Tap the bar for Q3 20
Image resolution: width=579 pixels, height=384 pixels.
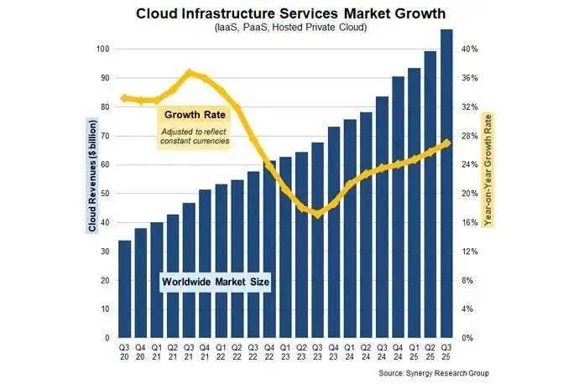(x=124, y=289)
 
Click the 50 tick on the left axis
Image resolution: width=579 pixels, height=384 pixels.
(x=105, y=194)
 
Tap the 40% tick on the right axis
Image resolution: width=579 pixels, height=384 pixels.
(x=470, y=49)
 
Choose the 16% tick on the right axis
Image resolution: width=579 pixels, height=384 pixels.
(x=470, y=223)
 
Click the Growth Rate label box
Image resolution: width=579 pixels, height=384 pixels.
(x=193, y=114)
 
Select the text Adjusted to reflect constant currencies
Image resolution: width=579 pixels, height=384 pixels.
(x=195, y=136)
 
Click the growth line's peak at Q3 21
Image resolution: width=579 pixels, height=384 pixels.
(x=189, y=73)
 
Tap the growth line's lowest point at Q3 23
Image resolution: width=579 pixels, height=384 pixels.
(x=317, y=215)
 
